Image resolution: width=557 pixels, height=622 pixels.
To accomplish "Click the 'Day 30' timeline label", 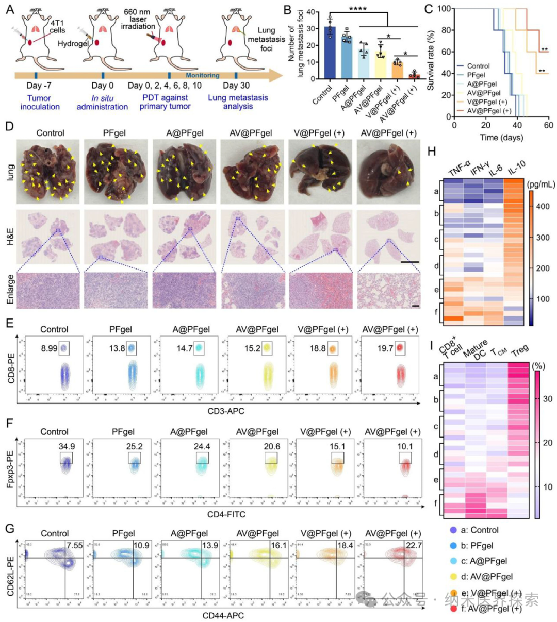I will click(238, 86).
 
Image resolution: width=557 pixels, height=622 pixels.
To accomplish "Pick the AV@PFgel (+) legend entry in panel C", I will click(489, 111).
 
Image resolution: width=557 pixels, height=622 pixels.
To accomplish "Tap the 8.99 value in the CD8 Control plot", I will click(50, 349).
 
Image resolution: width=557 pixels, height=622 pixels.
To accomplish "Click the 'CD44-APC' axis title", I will click(223, 615).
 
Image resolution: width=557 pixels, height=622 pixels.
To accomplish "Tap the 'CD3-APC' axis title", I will click(223, 411).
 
